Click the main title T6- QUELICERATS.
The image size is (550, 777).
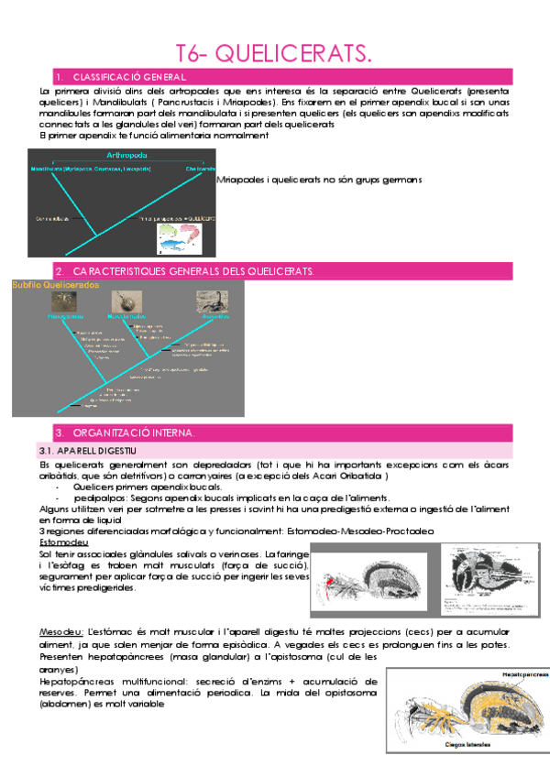point(274,57)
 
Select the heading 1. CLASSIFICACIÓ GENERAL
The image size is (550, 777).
point(128,77)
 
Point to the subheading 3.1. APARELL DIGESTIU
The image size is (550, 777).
point(87,451)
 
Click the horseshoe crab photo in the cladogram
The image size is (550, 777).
point(123,301)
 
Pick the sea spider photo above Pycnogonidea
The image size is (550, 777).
point(61,301)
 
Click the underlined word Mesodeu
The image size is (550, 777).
point(60,632)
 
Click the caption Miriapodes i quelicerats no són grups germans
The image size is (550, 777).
point(320,181)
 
